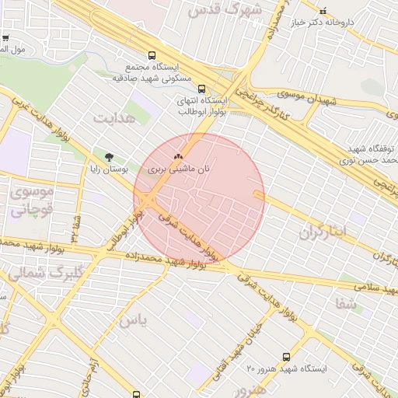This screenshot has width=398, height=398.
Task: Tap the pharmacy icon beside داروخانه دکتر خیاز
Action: pyautogui.click(x=323, y=11)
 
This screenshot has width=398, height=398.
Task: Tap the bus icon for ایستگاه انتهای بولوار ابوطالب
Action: pyautogui.click(x=201, y=89)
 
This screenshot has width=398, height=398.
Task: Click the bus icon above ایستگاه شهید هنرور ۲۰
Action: pyautogui.click(x=286, y=357)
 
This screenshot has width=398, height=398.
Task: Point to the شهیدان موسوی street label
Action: pyautogui.click(x=302, y=99)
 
